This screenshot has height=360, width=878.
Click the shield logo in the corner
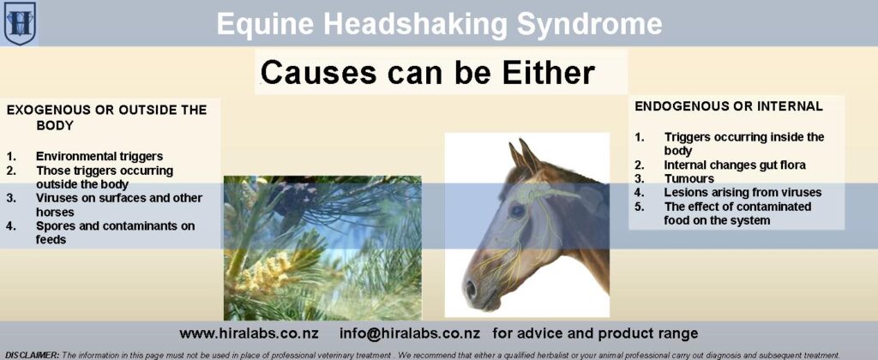pyautogui.click(x=20, y=23)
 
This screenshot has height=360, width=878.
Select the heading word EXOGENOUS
pyautogui.click(x=43, y=110)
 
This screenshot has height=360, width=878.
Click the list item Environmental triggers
pyautogui.click(x=99, y=156)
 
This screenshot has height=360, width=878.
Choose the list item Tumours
pyautogui.click(x=689, y=179)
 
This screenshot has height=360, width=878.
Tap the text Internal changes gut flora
pyautogui.click(x=735, y=165)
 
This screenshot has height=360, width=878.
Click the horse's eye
pyautogui.click(x=517, y=211)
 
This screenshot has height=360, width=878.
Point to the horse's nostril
pyautogui.click(x=472, y=289)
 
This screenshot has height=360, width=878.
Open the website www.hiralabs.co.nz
pyautogui.click(x=250, y=333)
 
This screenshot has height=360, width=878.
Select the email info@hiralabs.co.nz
pyautogui.click(x=410, y=333)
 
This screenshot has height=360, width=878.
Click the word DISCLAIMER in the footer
pyautogui.click(x=32, y=355)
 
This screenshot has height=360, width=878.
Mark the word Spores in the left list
pyautogui.click(x=55, y=226)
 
